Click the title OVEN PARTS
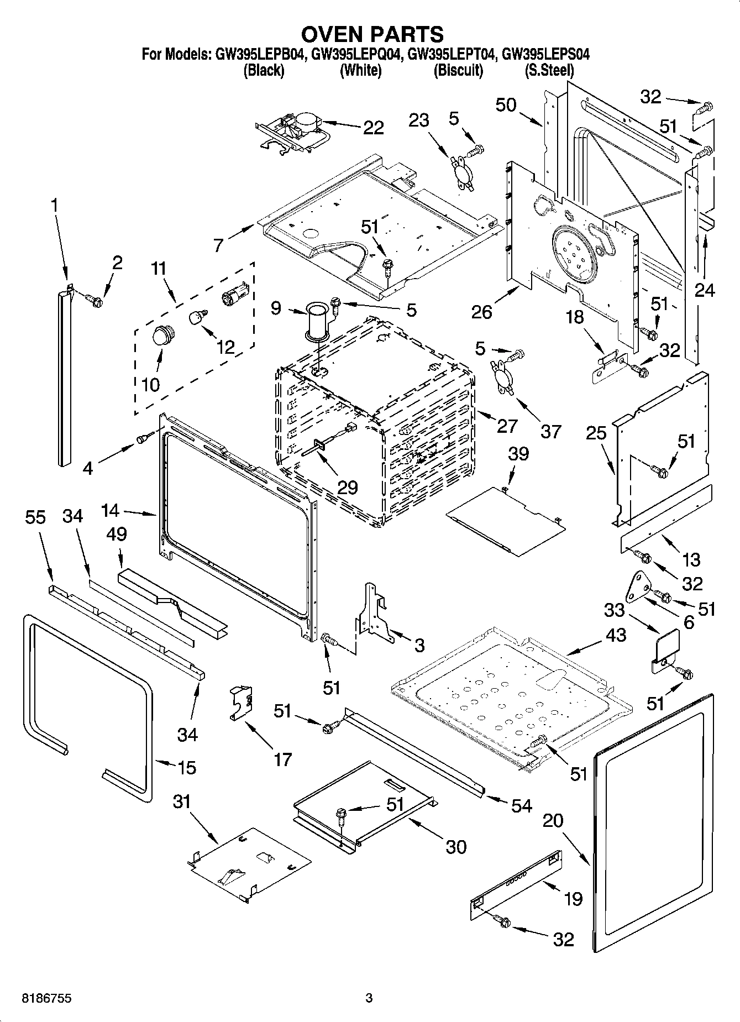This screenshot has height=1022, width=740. [372, 34]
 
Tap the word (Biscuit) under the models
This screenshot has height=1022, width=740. [458, 71]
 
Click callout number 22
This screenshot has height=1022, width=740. [374, 128]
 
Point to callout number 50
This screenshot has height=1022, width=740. [506, 105]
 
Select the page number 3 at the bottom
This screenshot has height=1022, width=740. [369, 998]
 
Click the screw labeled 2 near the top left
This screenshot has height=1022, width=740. [95, 300]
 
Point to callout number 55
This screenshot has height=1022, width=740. [36, 517]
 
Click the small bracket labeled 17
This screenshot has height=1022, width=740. [241, 703]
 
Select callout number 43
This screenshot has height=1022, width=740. [615, 635]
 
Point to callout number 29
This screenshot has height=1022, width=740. [347, 488]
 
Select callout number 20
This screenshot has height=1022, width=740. [553, 821]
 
